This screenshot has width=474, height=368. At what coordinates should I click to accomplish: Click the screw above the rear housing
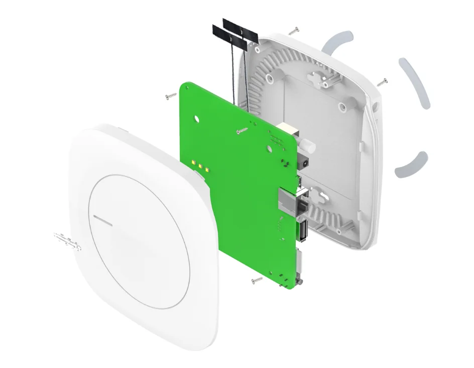(x=294, y=31)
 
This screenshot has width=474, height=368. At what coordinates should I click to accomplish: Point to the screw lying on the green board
(x=242, y=131)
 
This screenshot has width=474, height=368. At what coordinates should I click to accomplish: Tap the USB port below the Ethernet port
(x=303, y=230)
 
